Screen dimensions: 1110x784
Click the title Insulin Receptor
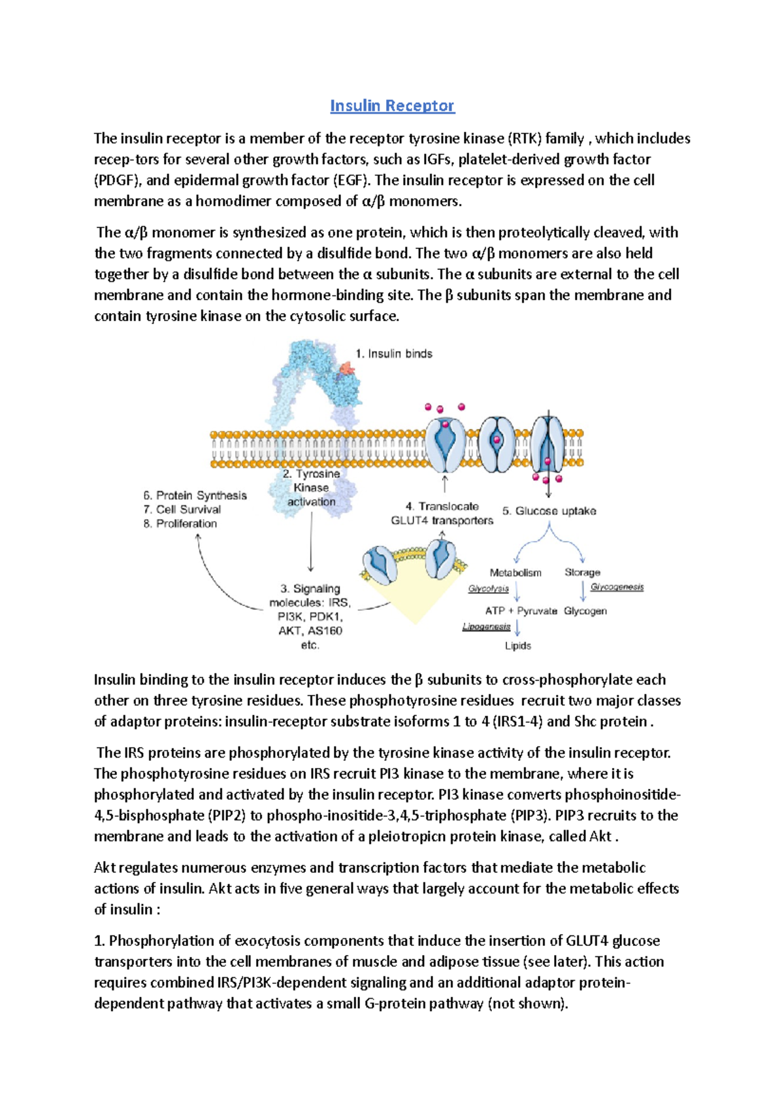(392, 106)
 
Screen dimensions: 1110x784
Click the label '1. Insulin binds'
(393, 354)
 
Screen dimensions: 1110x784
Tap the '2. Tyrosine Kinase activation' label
(312, 488)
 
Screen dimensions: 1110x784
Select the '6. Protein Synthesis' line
(195, 496)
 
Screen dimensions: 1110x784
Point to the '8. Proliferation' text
(180, 524)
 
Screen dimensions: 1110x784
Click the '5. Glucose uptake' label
(549, 511)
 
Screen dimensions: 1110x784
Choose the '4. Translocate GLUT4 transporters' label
(442, 514)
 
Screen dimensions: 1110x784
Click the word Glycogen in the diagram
(585, 611)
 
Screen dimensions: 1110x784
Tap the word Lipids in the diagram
(517, 646)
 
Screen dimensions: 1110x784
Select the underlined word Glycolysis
(488, 589)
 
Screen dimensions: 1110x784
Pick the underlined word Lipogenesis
(486, 627)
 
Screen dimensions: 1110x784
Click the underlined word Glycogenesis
(617, 587)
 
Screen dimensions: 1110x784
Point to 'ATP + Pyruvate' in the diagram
(521, 611)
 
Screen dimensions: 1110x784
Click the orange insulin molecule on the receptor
(348, 370)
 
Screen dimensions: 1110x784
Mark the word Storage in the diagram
(582, 573)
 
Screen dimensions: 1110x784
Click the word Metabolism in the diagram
(515, 573)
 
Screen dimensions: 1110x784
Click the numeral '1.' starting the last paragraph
(100, 941)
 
